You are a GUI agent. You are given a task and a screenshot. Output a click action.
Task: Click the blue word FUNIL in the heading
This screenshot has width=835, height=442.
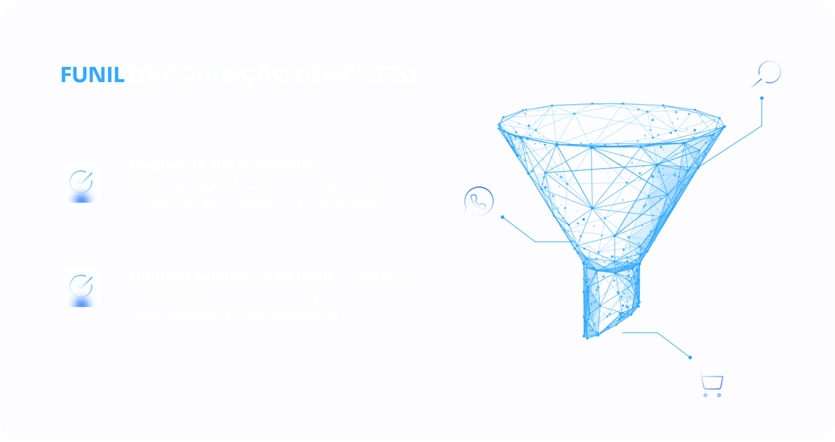[x=92, y=75]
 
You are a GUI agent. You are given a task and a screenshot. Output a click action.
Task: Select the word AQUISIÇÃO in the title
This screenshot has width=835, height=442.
[x=226, y=75]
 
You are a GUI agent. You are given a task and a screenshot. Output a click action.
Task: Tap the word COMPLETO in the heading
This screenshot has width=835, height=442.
[x=356, y=75]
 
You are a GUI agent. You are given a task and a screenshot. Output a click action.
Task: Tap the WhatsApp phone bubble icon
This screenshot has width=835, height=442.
[x=478, y=201]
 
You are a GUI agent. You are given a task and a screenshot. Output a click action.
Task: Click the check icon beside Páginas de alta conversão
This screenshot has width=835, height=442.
[x=81, y=182]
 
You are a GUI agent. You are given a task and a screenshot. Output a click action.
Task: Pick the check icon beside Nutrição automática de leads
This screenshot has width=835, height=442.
[x=81, y=286]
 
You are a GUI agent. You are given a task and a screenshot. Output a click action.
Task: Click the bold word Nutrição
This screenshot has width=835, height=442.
[x=160, y=276]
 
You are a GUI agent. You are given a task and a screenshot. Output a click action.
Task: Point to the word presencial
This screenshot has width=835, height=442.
[x=306, y=316]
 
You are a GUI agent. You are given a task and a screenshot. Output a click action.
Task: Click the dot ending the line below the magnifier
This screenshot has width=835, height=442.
[x=762, y=98]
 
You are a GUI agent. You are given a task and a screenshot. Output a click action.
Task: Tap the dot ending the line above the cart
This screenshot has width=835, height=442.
[x=690, y=358]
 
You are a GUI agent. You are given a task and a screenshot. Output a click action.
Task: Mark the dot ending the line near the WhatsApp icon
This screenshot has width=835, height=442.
[x=503, y=217]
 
